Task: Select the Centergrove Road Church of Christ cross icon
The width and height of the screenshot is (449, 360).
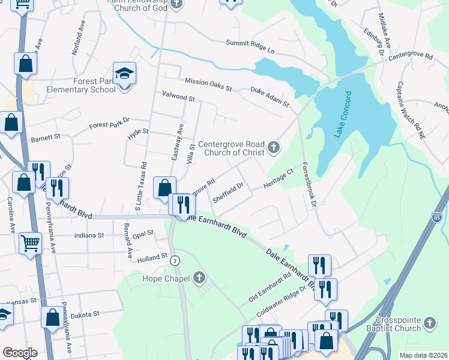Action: tap(273, 147)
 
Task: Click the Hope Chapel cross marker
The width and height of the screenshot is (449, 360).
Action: tap(199, 278)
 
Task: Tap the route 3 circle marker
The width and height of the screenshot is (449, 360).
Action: tap(175, 260)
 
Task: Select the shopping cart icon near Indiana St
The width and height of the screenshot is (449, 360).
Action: tap(30, 244)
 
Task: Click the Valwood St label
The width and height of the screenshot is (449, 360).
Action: tap(178, 95)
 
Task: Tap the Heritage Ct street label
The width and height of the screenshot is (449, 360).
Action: tap(278, 178)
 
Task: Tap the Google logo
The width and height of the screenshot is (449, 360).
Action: tap(20, 353)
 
